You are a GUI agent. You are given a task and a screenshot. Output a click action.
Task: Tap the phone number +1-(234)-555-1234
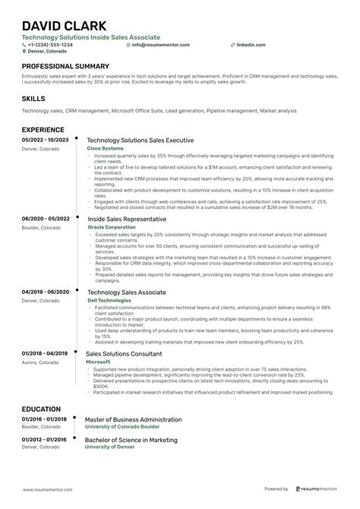(x=51, y=45)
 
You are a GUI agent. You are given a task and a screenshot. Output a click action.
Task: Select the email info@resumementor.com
(x=160, y=45)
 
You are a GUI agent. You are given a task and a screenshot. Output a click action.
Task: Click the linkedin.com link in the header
(x=252, y=45)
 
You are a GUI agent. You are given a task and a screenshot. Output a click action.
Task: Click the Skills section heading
(x=33, y=99)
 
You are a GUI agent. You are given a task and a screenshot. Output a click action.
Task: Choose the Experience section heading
(x=43, y=130)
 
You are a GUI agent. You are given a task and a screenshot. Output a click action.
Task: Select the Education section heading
(x=42, y=409)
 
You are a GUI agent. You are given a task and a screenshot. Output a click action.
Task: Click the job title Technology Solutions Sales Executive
(x=141, y=141)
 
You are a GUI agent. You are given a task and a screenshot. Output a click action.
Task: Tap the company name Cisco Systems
(x=106, y=149)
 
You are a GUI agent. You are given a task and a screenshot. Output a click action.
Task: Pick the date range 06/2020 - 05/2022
(x=46, y=219)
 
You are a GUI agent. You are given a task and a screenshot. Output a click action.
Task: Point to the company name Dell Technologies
(x=109, y=300)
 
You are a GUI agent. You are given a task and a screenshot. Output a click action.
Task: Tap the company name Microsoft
(x=99, y=362)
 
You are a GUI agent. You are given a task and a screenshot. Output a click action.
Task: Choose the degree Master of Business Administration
(x=133, y=419)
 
